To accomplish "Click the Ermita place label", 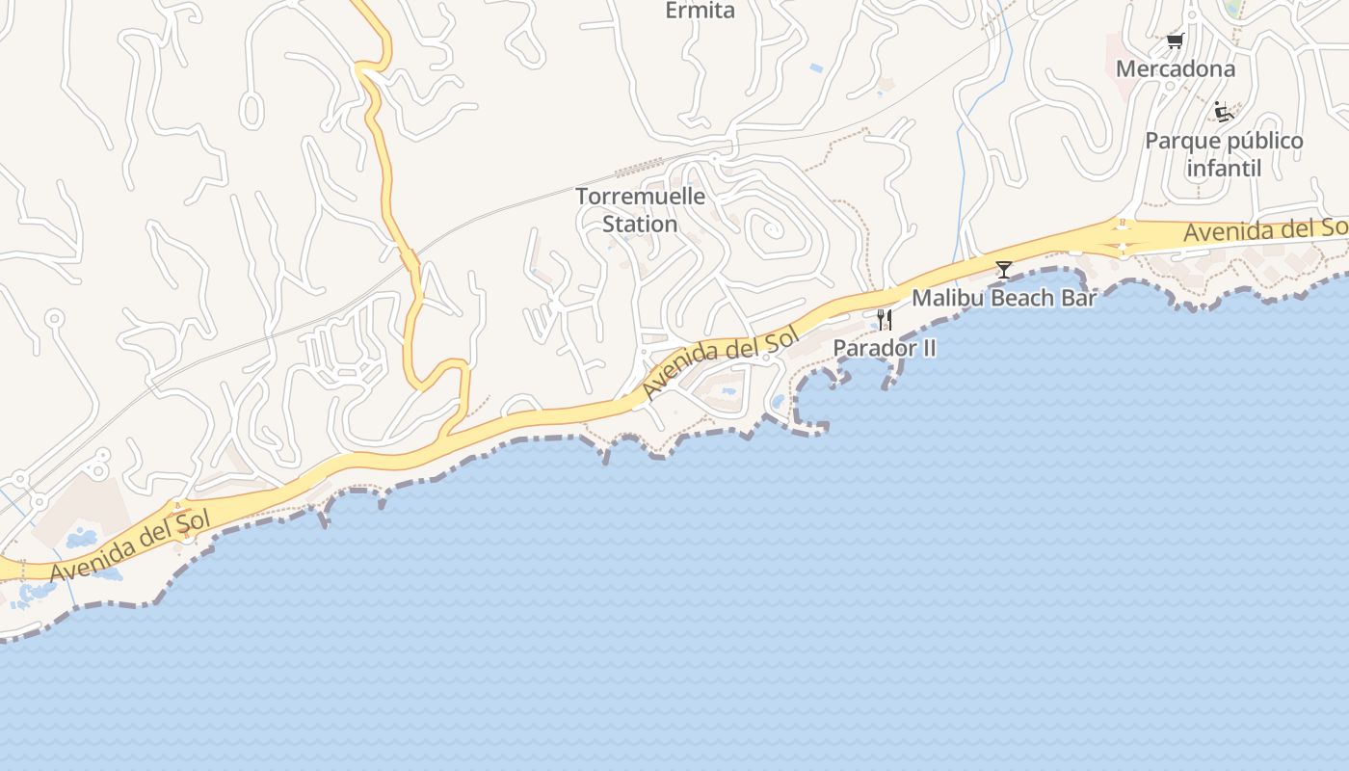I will point(701,11).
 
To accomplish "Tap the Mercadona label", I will point(1175,69).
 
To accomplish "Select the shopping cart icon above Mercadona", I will point(1175,40).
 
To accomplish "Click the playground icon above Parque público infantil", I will point(1224,112).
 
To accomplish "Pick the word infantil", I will point(1224,169).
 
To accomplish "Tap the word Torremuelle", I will point(641,197).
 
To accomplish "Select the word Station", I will point(641,225).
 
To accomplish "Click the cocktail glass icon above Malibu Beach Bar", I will point(1004,270).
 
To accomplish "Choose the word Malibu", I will point(947,299).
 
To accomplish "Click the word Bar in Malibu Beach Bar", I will point(1080,299).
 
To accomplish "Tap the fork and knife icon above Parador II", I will point(884,320).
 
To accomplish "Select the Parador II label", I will point(884,348).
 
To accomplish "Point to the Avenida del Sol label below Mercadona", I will point(1264,230).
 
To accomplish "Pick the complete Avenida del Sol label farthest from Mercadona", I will point(130,546).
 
